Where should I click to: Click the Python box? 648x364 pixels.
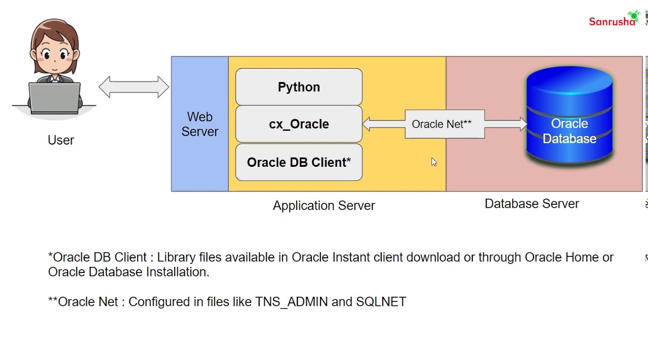(299, 87)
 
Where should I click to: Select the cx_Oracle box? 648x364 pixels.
(299, 124)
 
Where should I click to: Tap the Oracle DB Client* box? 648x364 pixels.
(299, 162)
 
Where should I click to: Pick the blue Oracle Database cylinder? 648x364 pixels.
(570, 116)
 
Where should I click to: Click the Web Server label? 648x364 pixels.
(199, 124)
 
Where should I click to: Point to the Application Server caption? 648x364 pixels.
(323, 206)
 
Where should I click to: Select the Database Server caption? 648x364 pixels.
(532, 204)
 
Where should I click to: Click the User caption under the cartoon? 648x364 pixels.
(61, 141)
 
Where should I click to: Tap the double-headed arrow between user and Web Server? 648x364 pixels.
(134, 87)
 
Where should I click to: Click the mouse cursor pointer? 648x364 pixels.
(433, 162)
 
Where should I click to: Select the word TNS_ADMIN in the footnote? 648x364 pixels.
(291, 302)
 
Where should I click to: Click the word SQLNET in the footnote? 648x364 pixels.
(381, 302)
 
